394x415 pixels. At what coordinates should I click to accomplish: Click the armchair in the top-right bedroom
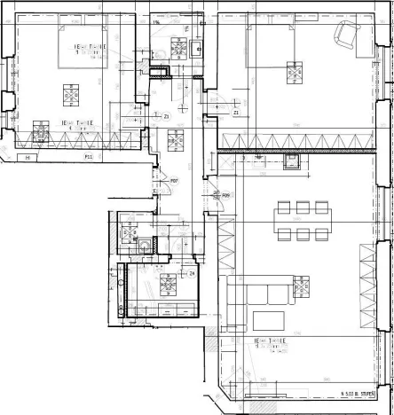coord(346,36)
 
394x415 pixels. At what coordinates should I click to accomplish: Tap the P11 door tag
coord(89,156)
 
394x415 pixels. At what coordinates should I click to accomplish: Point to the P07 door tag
coord(175,182)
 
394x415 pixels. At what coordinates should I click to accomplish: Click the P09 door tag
coord(225,195)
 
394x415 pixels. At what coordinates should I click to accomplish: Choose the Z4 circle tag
coord(192,273)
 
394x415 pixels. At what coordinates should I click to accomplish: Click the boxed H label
coord(30,158)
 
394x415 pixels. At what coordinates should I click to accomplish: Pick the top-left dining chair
coord(259,207)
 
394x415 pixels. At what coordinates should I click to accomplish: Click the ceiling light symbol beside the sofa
coord(303,286)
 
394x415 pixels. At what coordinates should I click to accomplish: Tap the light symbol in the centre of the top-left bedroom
coord(69,90)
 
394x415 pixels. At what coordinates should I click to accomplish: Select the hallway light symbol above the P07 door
coord(175,138)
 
